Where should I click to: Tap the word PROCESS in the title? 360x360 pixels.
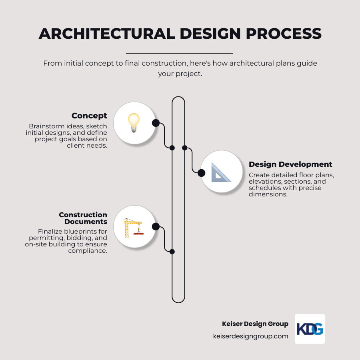[x=284, y=34]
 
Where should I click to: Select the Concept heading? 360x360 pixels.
[x=89, y=116]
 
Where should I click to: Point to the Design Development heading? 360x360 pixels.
[x=290, y=164]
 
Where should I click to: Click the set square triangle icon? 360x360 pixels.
[x=221, y=172]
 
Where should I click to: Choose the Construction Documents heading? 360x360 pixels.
[x=83, y=218]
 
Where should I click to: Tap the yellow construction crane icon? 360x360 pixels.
[x=133, y=227]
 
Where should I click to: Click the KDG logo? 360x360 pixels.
[x=310, y=329]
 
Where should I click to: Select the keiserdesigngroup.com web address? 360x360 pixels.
[x=251, y=336]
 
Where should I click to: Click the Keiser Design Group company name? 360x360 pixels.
[x=255, y=324]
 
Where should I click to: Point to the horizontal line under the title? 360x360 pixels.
[x=179, y=53]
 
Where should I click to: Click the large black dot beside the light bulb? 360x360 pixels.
[x=156, y=123]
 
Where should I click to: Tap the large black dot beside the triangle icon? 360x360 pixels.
[x=201, y=173]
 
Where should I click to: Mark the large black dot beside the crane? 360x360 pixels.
[x=156, y=226]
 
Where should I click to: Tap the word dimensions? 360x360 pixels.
[x=267, y=194]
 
